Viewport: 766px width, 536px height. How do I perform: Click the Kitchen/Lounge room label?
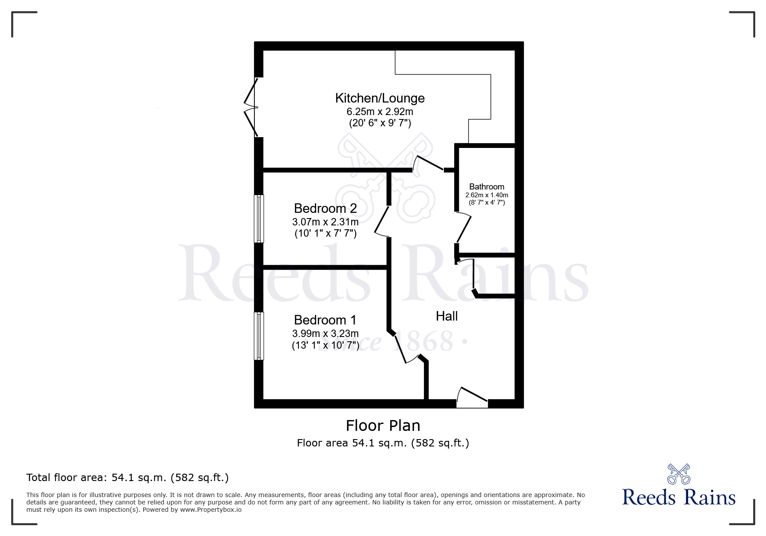coord(380,98)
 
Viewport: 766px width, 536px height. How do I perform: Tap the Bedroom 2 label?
coord(325,209)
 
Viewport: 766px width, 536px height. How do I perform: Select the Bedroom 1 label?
coord(325,320)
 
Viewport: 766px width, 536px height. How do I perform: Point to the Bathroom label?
coord(487,187)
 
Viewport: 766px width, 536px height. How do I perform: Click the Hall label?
coord(447,316)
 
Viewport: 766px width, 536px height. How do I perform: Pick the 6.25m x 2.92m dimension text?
coord(380,112)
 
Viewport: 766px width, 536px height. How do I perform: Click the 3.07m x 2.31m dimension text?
coord(325,222)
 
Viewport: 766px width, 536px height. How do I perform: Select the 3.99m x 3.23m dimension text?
coord(325,334)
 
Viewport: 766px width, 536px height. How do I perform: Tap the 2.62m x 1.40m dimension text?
coord(487,195)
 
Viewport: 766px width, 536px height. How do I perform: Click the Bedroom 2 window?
coord(259,219)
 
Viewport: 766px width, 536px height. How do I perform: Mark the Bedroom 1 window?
coord(259,336)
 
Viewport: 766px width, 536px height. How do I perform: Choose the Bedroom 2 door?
coord(382,221)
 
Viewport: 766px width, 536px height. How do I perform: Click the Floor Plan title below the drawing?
coord(383,426)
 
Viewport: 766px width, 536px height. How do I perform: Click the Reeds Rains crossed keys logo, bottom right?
coord(679,474)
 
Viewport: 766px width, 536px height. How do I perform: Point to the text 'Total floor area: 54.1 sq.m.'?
coord(127,478)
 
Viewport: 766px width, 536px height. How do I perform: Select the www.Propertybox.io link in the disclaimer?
coord(211,510)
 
